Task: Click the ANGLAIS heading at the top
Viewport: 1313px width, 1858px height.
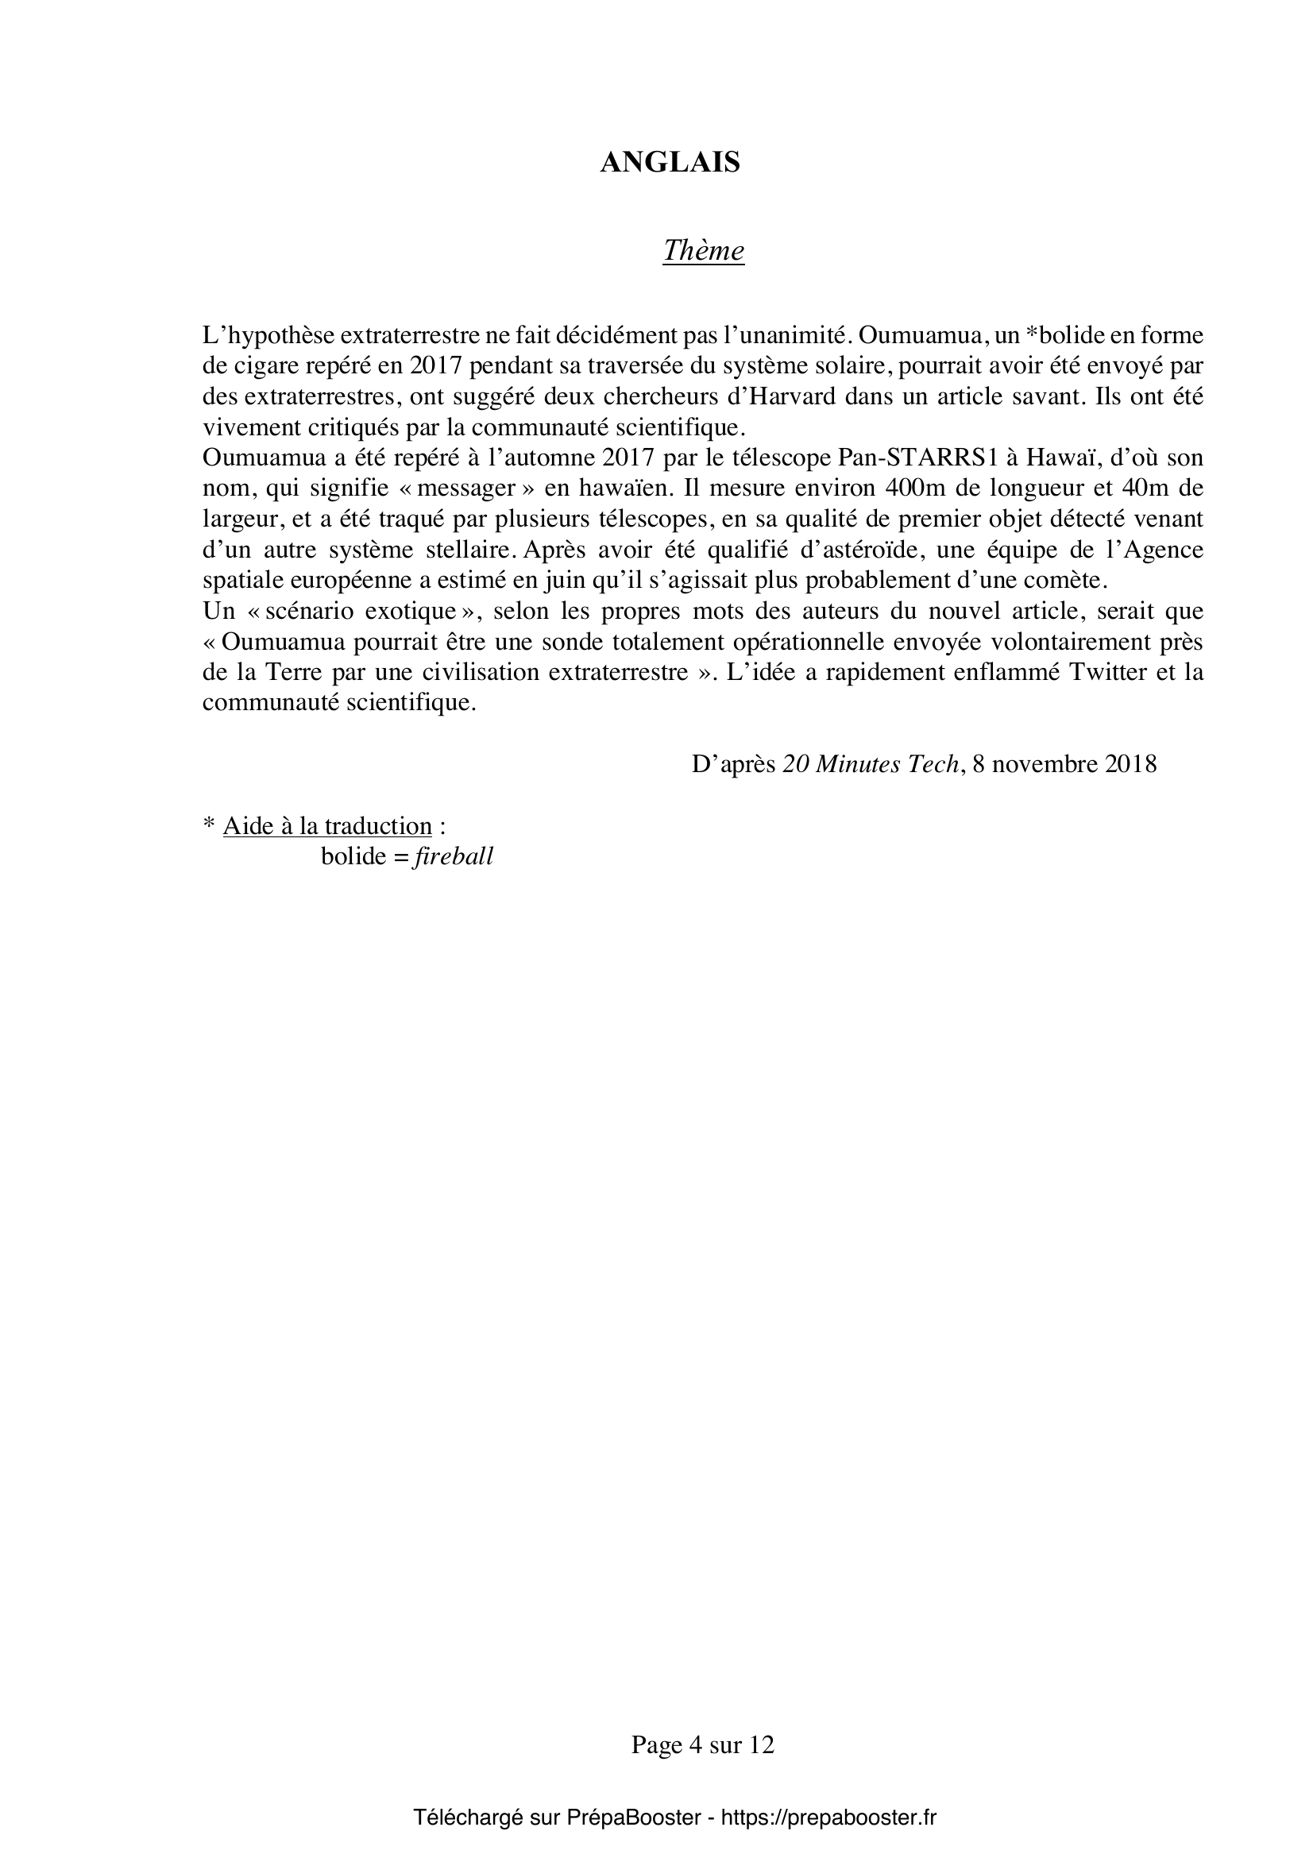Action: (x=670, y=163)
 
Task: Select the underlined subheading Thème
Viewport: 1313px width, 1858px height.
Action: (x=703, y=251)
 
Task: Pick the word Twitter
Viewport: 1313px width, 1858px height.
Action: (x=1107, y=673)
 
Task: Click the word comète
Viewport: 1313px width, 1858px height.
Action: (x=1064, y=580)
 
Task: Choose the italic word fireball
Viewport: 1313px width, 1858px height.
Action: (x=453, y=857)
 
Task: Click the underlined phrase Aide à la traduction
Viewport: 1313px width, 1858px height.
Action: (x=327, y=826)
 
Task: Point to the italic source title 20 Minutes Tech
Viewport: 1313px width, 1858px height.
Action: (x=871, y=764)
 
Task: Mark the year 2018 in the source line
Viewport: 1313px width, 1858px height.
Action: (x=1130, y=764)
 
